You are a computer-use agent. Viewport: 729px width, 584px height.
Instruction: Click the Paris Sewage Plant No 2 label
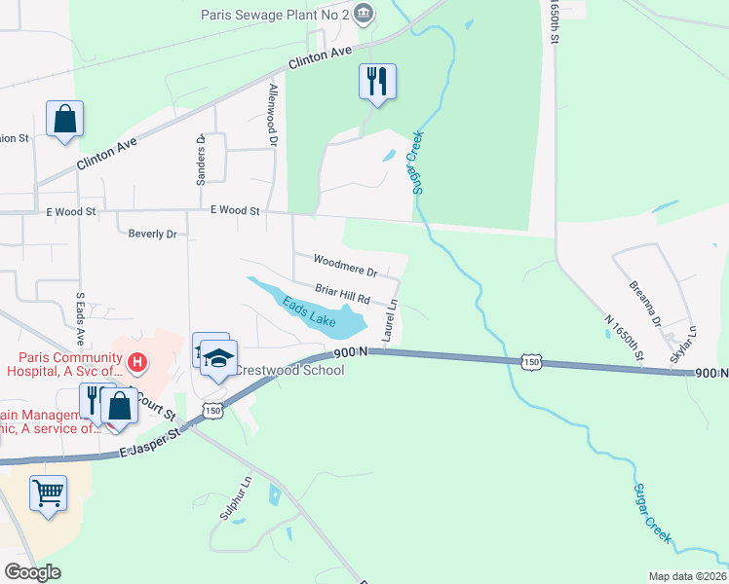[x=274, y=15]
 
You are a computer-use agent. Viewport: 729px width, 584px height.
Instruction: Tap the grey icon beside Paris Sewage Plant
[x=364, y=14]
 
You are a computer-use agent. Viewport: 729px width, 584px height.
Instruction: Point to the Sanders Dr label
[x=201, y=159]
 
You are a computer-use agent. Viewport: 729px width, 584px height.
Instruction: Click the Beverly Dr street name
[x=153, y=234]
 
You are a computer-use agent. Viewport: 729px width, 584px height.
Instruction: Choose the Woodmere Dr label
[x=345, y=263]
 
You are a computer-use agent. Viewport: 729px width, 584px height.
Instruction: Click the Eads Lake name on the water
[x=309, y=312]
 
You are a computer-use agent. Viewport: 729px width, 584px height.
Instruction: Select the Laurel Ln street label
[x=392, y=318]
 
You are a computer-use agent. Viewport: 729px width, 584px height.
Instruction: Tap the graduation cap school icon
[x=220, y=356]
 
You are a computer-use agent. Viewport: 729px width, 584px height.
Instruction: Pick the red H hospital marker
[x=137, y=364]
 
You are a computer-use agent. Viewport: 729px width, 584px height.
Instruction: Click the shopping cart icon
[x=48, y=492]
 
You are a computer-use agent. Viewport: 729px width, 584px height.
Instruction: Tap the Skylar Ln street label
[x=684, y=344]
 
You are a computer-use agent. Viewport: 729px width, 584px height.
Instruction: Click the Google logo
[x=32, y=572]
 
